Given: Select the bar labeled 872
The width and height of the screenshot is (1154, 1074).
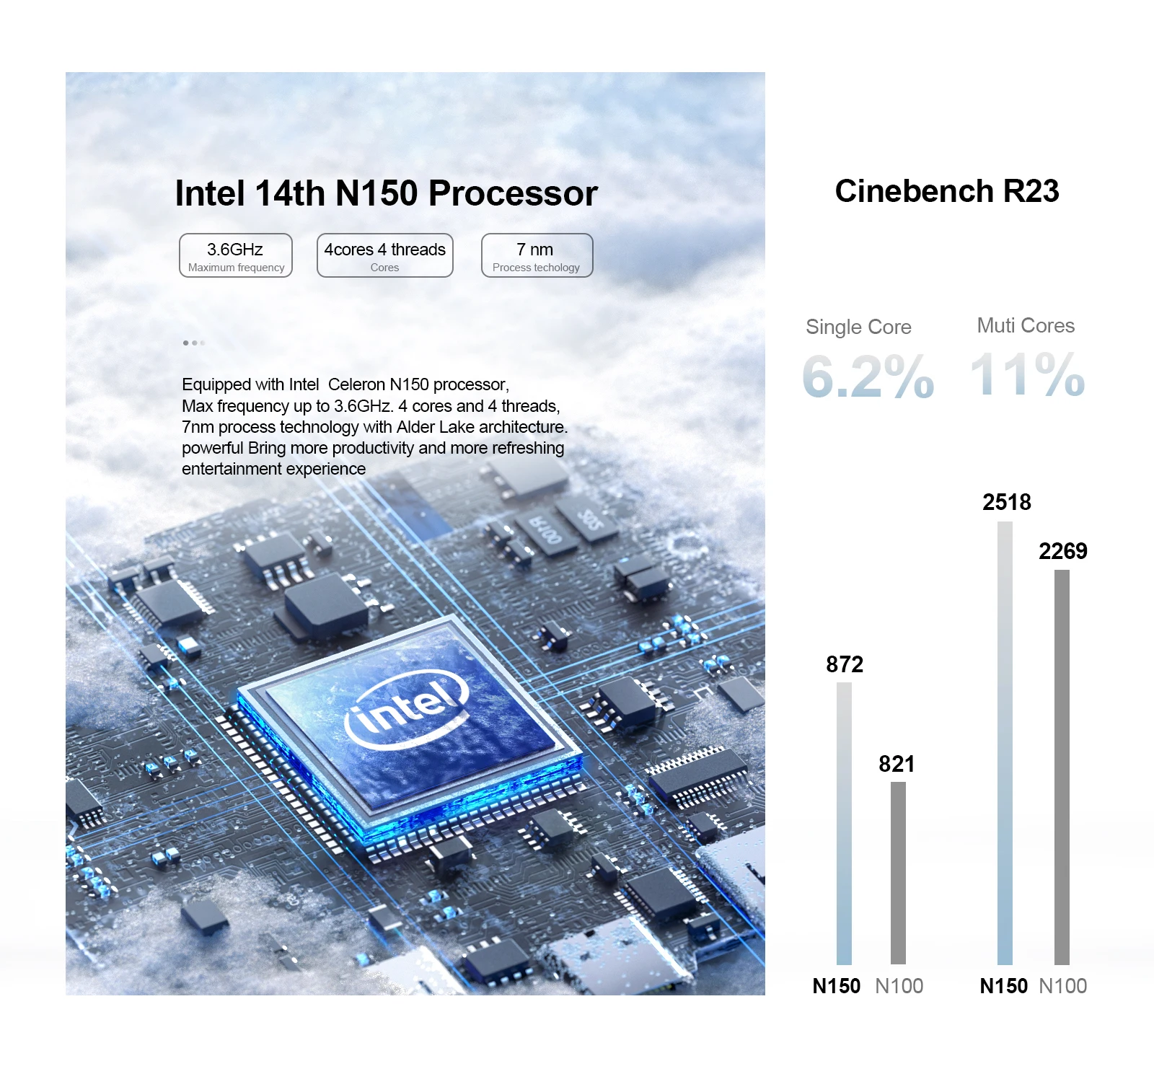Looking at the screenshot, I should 844,822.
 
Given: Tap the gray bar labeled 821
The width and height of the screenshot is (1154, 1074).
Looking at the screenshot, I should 898,873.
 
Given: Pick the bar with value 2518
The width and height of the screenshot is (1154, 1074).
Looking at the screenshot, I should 1005,743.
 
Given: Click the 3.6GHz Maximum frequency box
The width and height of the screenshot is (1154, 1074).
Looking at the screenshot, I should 236,255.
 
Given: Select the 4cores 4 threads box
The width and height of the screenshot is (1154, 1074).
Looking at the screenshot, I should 385,255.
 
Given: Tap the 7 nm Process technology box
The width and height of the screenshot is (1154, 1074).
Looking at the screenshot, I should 537,255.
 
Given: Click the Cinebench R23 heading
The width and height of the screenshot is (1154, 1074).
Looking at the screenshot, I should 946,191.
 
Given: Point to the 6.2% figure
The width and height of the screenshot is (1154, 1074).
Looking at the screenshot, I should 868,376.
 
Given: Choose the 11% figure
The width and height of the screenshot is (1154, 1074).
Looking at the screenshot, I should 1027,374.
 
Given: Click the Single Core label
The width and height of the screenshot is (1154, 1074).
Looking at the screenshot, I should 858,327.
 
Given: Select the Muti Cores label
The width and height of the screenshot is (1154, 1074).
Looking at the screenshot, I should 1026,325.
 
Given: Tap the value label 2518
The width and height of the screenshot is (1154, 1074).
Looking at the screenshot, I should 1007,502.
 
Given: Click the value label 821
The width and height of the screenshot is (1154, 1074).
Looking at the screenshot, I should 897,764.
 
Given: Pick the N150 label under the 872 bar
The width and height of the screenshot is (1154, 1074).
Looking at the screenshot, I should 837,986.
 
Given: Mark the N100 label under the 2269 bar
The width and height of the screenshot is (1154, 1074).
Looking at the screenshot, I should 1062,986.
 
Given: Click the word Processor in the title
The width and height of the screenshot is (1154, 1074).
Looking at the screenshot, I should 513,193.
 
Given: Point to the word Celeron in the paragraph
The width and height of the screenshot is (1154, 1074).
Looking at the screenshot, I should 356,384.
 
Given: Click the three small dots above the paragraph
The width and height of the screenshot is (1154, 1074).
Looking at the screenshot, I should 194,343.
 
